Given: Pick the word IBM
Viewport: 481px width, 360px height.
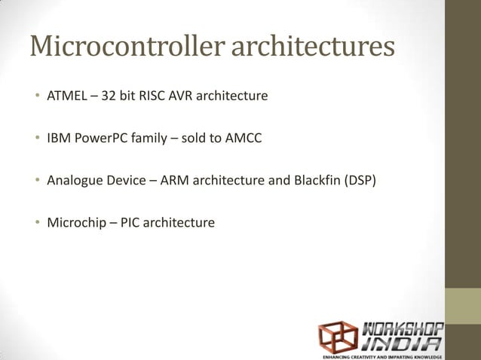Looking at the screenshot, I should click(59, 139).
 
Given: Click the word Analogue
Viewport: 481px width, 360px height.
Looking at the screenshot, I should click(74, 181).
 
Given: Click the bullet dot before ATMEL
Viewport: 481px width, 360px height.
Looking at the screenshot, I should click(35, 98).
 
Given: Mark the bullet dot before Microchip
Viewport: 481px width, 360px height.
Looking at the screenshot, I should click(35, 224).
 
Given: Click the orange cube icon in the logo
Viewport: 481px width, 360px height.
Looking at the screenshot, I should click(338, 336).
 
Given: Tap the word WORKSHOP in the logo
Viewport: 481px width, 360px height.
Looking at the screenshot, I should click(403, 328).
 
